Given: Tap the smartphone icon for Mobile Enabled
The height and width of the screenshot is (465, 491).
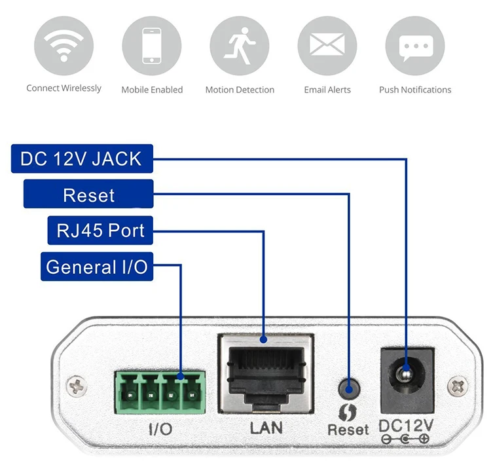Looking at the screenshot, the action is coord(152,46).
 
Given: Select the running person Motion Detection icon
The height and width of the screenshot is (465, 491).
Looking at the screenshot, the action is coord(240,46).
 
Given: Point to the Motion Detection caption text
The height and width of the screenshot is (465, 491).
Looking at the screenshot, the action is coord(240,90).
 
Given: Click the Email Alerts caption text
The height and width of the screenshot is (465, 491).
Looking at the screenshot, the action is coord(327,90).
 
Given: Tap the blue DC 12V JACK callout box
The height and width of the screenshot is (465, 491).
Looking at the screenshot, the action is coord(82,158).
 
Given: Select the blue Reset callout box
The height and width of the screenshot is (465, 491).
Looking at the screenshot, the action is coord(88,194).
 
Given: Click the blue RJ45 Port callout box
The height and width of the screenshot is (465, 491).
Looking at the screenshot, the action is coord(100,231).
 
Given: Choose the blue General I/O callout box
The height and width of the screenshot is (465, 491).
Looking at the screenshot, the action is coord(97,267).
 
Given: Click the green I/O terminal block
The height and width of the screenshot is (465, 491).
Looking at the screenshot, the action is coord(160,392).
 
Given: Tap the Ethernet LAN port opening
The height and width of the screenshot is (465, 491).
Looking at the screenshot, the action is coord(266,371).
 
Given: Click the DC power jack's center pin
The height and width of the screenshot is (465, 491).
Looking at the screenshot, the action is coord(406,373).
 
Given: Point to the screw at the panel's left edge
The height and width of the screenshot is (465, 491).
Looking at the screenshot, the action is coord(77,386).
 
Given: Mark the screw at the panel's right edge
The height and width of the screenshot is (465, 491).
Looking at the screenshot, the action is coord(458,386).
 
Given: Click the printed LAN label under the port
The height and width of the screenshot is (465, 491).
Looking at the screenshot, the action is coord(266,428).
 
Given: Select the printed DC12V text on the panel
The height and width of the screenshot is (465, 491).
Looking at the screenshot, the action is coord(406,426).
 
